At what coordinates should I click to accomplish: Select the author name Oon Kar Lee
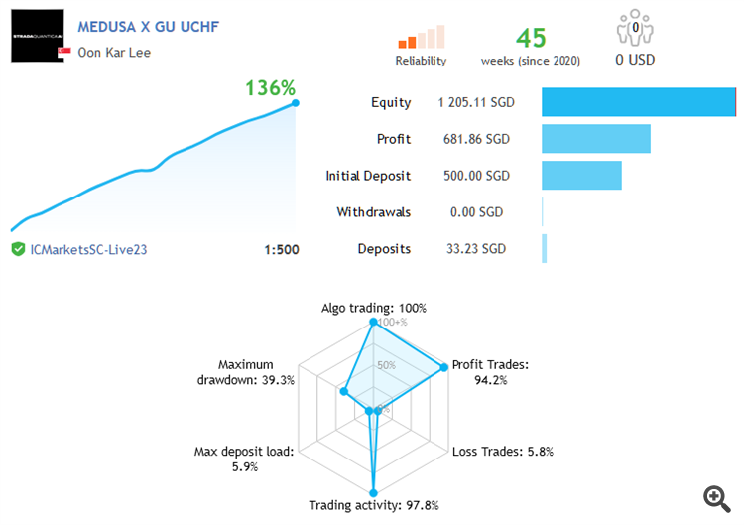point(114,53)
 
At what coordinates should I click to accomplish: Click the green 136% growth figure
point(271,88)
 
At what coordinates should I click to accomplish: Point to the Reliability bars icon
point(422,37)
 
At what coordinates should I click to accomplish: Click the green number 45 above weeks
point(531,38)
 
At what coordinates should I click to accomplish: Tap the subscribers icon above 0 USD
point(633,29)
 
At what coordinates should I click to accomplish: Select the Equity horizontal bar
point(638,102)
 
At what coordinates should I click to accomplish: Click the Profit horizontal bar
point(595,139)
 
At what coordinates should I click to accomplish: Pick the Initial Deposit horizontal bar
point(581,176)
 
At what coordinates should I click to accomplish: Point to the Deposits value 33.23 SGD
point(473,249)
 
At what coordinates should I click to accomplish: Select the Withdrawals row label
point(373,212)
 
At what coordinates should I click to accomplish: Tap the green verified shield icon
point(18,249)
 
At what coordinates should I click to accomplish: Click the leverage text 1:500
point(281,250)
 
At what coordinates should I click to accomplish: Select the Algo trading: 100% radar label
point(373,308)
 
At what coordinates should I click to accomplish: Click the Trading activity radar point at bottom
point(373,490)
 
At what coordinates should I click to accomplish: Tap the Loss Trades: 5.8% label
point(502,452)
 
